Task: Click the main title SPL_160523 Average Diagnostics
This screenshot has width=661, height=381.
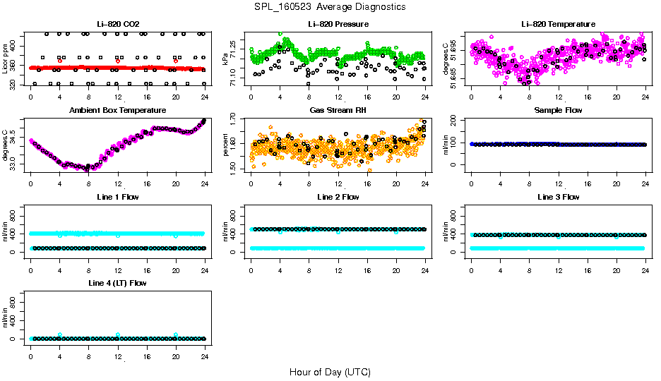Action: coord(330,6)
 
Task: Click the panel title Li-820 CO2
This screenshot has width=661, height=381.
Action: coord(117,25)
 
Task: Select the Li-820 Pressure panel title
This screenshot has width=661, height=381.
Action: coord(338,25)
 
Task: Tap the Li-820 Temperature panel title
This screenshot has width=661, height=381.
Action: coord(558,25)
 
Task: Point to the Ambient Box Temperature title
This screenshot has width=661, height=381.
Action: coord(117,111)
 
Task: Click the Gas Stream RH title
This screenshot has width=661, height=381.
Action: coord(338,111)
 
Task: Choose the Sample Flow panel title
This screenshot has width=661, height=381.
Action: coord(558,111)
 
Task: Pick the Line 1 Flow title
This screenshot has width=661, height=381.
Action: coord(117,197)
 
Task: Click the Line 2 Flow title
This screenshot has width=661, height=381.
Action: coord(338,197)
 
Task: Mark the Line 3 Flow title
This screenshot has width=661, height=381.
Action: coord(558,197)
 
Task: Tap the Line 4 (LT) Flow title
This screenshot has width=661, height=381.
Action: coord(117,283)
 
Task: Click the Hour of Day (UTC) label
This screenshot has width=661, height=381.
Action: coord(330,372)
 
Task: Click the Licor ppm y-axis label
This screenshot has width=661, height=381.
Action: coord(6,58)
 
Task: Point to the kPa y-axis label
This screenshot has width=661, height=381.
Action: coord(226,58)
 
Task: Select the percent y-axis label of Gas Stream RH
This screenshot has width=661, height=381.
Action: coord(226,144)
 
